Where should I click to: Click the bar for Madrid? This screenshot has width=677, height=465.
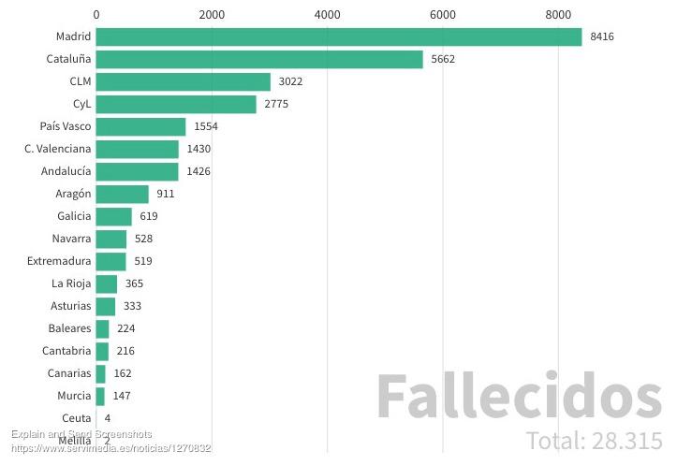pos(338,36)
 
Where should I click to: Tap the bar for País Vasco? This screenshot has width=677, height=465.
pos(140,126)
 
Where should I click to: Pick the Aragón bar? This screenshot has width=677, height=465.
pos(122,194)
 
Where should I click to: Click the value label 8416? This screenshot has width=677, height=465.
pos(602,36)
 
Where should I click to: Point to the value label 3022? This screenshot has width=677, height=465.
pos(290,81)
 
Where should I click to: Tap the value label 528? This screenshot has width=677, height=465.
pos(143,239)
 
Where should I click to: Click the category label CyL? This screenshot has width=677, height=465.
pos(81,104)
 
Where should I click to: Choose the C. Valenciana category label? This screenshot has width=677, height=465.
pos(58,149)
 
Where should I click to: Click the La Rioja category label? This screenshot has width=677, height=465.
pos(71,283)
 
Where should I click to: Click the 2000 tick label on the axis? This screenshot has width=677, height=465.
pos(212,14)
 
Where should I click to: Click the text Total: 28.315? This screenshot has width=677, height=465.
pos(594,441)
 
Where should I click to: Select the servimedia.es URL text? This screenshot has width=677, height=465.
pos(110,449)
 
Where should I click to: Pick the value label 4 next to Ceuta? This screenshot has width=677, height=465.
pos(108,418)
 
